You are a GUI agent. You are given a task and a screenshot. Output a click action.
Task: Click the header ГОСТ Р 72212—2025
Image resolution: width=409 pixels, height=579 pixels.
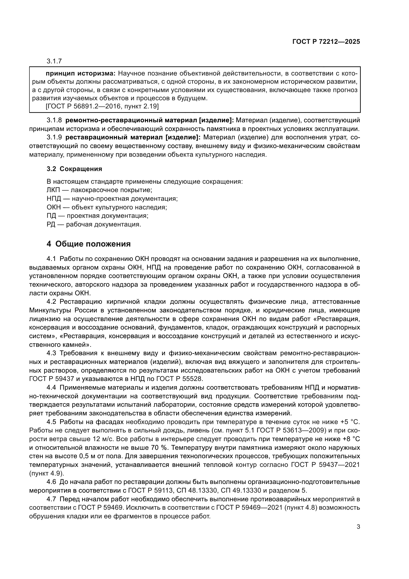tap(326, 42)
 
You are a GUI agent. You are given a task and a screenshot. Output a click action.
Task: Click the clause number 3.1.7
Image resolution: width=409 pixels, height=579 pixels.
tap(54, 61)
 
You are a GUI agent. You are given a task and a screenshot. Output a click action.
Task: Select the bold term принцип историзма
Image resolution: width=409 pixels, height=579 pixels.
tap(80, 74)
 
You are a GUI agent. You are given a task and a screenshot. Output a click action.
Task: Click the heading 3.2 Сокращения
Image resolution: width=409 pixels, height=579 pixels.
tap(74, 169)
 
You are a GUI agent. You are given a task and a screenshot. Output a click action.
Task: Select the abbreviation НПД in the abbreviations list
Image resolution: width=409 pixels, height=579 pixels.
tap(54, 199)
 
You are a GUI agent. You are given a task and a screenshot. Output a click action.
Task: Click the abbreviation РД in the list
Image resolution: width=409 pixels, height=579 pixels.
tap(51, 225)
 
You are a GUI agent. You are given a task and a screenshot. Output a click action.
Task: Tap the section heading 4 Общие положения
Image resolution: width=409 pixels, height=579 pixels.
tap(89, 244)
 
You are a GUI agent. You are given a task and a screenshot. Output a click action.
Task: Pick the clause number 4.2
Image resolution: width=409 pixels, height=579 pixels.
tap(51, 302)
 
